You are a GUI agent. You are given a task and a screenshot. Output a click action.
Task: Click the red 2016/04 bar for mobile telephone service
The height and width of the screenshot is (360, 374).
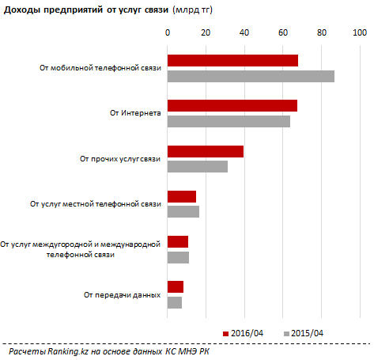tap(232, 60)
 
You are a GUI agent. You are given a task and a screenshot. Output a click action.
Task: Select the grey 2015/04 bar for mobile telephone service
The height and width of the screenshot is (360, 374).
tap(251, 76)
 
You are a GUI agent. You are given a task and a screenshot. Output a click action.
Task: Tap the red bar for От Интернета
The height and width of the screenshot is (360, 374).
tap(232, 105)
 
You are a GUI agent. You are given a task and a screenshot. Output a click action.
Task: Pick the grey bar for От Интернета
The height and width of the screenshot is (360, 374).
tap(229, 121)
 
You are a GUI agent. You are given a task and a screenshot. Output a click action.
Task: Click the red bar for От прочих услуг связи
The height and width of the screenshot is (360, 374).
tap(206, 151)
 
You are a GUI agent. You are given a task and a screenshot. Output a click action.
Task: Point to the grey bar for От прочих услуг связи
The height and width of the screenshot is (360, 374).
tap(198, 166)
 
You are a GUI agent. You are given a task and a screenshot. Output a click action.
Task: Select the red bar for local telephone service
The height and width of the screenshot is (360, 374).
tap(182, 196)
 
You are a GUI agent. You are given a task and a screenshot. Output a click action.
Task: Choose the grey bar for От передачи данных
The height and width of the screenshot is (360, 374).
tap(175, 302)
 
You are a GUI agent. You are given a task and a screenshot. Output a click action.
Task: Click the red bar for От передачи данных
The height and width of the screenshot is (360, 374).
tap(176, 286)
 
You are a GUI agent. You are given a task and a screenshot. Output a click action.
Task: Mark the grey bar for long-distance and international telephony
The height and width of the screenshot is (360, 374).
tap(178, 257)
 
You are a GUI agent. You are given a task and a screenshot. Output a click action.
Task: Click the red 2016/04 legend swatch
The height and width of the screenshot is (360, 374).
tap(225, 334)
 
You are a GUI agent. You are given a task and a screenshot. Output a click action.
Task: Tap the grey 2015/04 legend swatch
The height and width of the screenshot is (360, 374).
tap(286, 334)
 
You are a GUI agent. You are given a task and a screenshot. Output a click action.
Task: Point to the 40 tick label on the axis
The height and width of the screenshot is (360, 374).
tap(244, 32)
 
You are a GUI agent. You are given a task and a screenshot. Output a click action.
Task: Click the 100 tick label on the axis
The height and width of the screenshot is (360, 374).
tap(360, 32)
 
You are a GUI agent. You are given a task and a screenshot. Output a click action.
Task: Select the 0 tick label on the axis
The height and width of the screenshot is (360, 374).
tap(168, 32)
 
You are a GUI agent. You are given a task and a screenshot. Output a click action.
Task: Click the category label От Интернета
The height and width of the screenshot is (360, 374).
tap(135, 113)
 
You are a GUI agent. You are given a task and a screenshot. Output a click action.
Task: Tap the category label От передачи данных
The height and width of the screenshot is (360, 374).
tap(122, 295)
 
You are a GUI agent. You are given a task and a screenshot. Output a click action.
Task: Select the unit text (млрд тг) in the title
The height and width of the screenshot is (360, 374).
tap(192, 10)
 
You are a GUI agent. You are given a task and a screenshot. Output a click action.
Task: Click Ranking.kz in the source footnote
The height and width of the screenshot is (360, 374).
tap(68, 351)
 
